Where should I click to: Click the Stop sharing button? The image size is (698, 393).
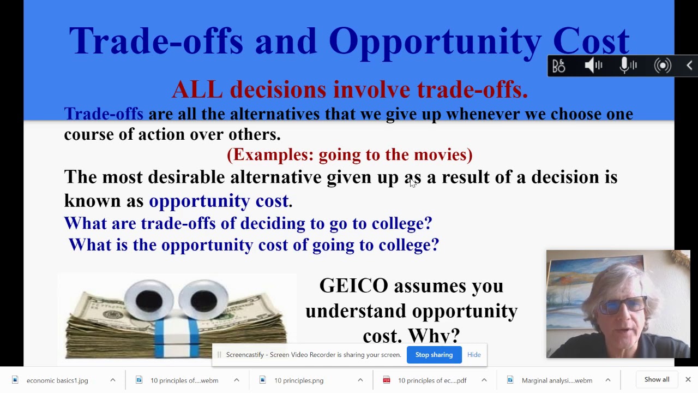[434, 355]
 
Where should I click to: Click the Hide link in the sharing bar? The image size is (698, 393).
[473, 355]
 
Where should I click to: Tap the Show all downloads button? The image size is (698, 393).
[657, 379]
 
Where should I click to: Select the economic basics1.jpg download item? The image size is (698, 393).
[57, 380]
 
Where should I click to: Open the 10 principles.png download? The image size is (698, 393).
[298, 380]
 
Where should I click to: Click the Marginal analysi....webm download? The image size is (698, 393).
[556, 380]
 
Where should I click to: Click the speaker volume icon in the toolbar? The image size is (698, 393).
[593, 65]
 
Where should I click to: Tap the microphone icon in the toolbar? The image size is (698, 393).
[628, 65]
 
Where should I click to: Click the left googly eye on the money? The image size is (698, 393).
[149, 300]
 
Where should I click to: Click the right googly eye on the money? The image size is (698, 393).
[203, 300]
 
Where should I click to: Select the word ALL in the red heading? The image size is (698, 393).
[197, 90]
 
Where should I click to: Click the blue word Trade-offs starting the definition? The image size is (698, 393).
[104, 114]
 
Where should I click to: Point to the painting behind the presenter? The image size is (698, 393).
[589, 278]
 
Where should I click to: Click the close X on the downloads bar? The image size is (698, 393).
[688, 379]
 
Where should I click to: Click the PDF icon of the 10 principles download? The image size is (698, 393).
[387, 380]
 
